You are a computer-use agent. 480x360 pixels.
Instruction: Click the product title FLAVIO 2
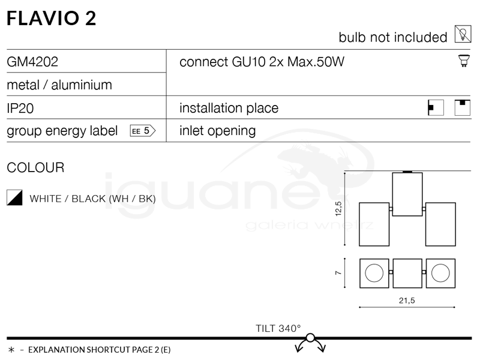[51, 18]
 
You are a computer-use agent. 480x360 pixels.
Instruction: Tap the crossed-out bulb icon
[462, 35]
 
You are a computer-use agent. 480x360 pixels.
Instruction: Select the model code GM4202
[32, 62]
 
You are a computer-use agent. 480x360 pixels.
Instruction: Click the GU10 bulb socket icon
[463, 61]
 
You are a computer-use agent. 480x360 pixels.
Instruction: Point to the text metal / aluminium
[59, 85]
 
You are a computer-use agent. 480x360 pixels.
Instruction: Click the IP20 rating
[19, 108]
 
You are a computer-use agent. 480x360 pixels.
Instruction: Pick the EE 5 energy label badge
[142, 131]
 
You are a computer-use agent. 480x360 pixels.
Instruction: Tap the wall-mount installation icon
[436, 107]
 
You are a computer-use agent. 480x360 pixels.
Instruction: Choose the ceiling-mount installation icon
[462, 107]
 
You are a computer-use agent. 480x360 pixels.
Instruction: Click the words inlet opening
[217, 131]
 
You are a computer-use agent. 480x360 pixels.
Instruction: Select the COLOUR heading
[35, 168]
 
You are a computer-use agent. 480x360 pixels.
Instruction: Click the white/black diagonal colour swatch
[14, 198]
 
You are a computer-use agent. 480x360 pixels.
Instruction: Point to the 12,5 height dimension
[338, 209]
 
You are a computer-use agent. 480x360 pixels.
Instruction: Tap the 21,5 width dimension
[407, 300]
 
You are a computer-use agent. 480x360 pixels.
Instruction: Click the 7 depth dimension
[338, 273]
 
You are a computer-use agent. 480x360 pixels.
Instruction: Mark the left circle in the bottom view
[374, 273]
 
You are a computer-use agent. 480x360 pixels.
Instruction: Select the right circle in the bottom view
[440, 273]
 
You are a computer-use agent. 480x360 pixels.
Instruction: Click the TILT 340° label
[278, 328]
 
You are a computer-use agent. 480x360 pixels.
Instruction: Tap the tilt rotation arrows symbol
[310, 344]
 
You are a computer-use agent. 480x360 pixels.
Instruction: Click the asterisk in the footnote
[11, 349]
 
